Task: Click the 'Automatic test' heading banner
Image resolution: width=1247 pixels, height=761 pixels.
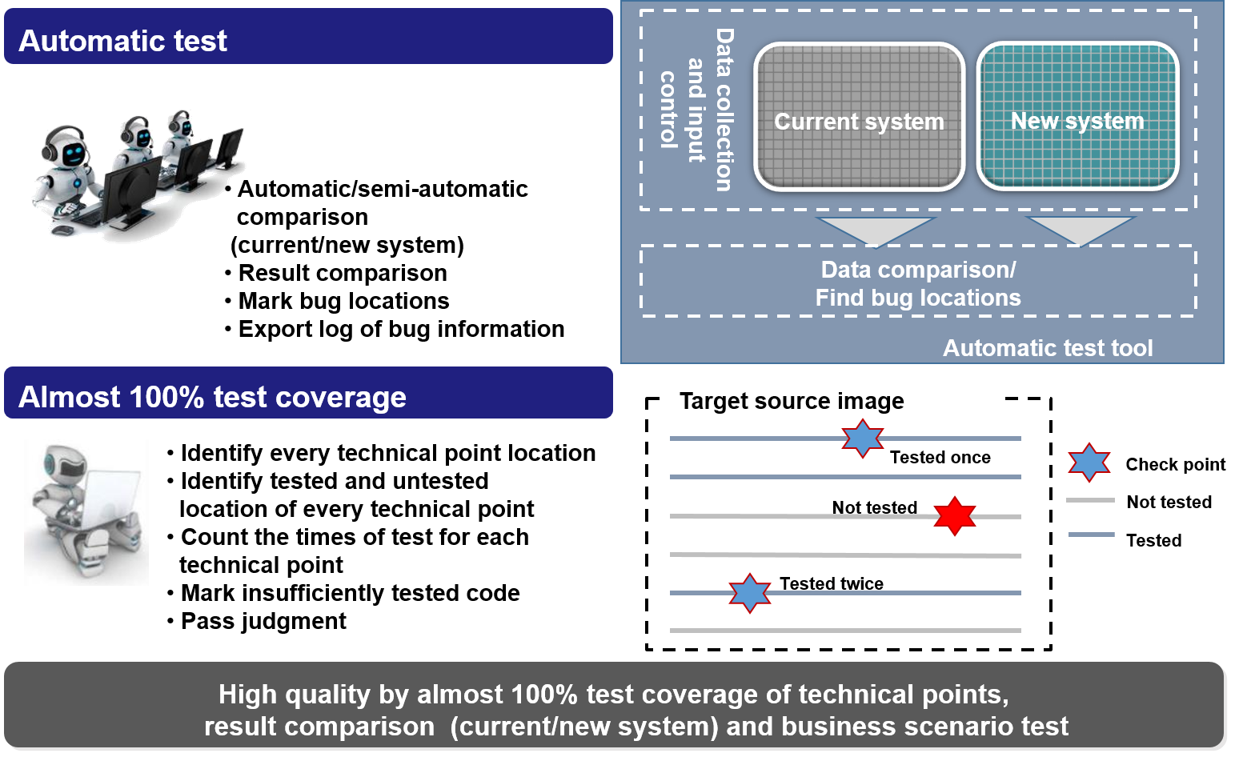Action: pyautogui.click(x=308, y=36)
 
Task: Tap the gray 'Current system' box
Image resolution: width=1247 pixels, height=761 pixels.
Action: pyautogui.click(x=860, y=118)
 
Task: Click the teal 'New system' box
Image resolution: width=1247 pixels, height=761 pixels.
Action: pyautogui.click(x=1078, y=116)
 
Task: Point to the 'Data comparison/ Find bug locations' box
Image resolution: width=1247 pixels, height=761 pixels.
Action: pyautogui.click(x=919, y=282)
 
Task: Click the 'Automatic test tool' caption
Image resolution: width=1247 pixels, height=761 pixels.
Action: pyautogui.click(x=1048, y=348)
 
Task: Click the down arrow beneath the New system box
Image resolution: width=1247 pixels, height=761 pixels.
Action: pyautogui.click(x=1080, y=230)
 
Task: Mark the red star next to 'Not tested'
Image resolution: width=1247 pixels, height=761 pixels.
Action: pyautogui.click(x=955, y=516)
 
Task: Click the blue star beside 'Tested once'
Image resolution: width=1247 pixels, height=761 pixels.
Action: pyautogui.click(x=862, y=439)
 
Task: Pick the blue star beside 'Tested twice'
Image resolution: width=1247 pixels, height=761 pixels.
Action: pyautogui.click(x=750, y=594)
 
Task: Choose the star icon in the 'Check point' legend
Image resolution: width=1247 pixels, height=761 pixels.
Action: pyautogui.click(x=1089, y=463)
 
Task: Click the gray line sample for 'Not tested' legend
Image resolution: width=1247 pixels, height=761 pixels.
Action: pyautogui.click(x=1090, y=500)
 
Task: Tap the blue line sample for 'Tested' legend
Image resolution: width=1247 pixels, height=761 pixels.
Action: pyautogui.click(x=1092, y=535)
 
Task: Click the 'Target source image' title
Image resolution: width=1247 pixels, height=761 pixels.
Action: pyautogui.click(x=792, y=401)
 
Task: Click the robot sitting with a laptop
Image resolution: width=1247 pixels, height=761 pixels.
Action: pyautogui.click(x=86, y=513)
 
